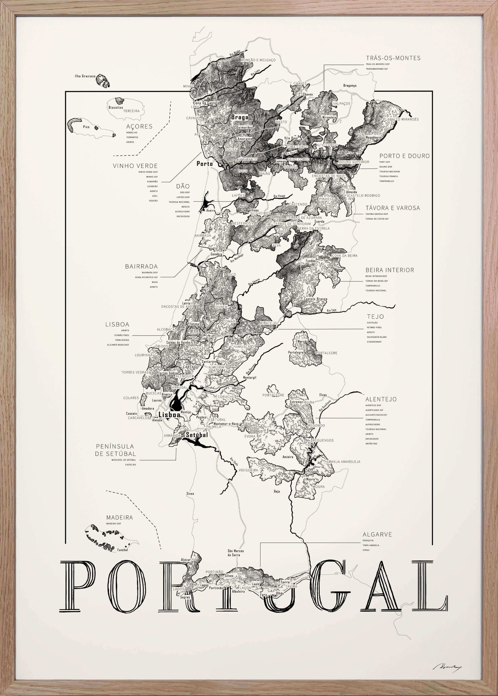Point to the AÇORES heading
[139, 127]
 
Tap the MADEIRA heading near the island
[120, 518]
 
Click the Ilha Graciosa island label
[85, 76]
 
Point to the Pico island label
[77, 127]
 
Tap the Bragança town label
[350, 85]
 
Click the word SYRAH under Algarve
[366, 550]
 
